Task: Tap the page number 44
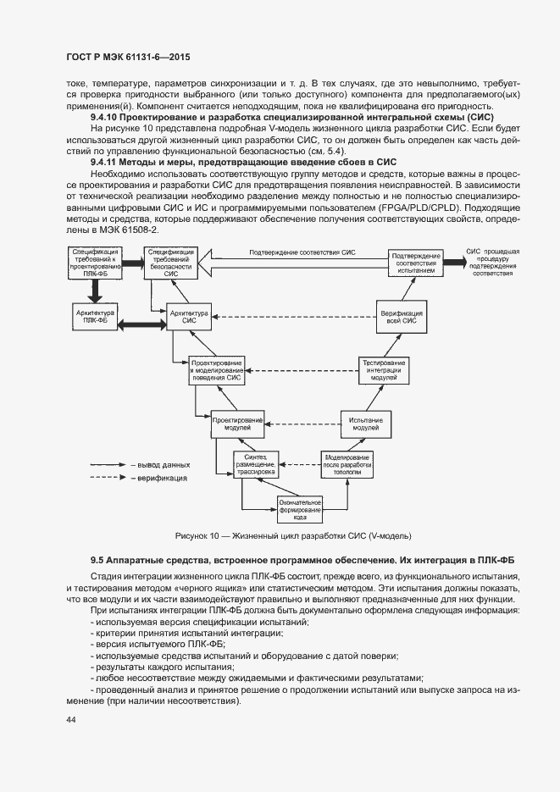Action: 69,719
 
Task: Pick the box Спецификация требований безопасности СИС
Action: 170,263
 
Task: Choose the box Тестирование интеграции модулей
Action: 384,370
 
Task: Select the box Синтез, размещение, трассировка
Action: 255,464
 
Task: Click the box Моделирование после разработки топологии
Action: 347,464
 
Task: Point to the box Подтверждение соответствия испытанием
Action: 416,262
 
